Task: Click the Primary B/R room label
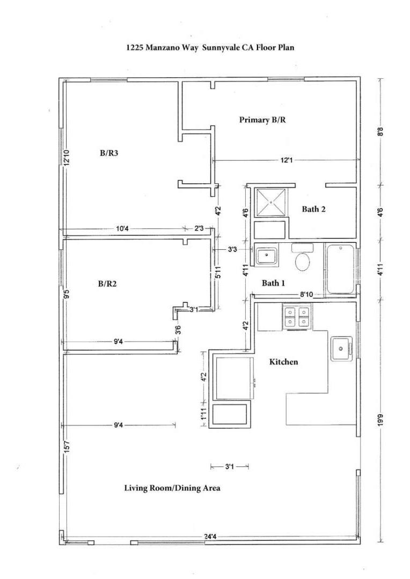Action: click(262, 120)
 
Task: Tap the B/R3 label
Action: click(109, 153)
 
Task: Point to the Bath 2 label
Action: click(313, 209)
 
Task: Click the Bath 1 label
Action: click(273, 283)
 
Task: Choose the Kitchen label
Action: click(283, 362)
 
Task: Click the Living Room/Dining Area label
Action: click(172, 488)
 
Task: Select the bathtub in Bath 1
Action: click(340, 269)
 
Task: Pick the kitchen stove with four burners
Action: click(297, 316)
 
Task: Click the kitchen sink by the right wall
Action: click(341, 349)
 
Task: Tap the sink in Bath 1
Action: click(266, 256)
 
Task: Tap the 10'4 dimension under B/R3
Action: click(123, 229)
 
